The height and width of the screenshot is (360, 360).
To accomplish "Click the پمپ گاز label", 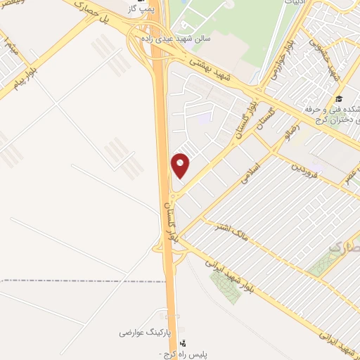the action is pyautogui.click(x=143, y=9).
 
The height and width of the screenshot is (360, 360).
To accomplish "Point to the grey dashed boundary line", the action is pyautogui.click(x=70, y=281).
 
